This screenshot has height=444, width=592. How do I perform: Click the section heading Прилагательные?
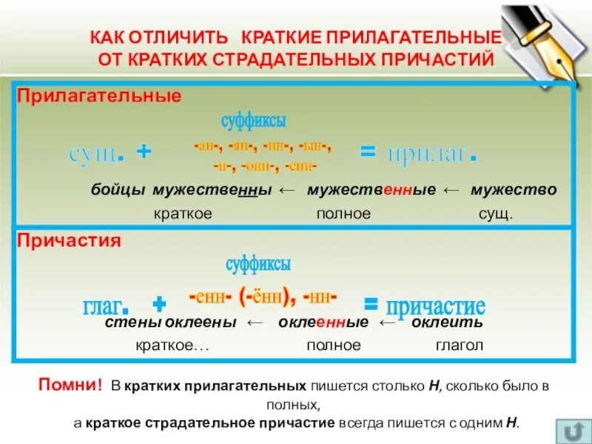pos(99,97)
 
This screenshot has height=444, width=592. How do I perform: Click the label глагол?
pos(459,346)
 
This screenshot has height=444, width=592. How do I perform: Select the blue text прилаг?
pos(428,153)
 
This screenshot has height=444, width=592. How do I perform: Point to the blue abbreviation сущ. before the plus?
pos(96,154)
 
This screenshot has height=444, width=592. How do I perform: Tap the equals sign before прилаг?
pos(368,152)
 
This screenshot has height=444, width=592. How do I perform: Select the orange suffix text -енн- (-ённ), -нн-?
pos(263,297)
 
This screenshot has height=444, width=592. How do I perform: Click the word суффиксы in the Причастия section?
pos(258,263)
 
